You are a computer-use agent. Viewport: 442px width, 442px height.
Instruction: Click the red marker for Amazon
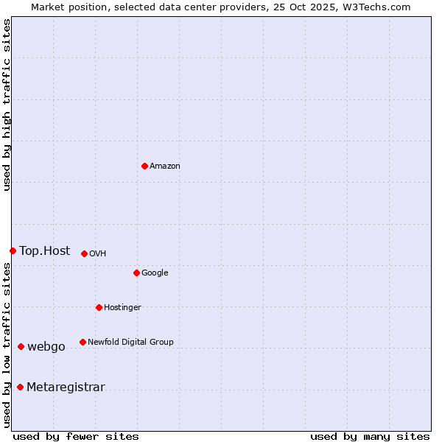(144, 166)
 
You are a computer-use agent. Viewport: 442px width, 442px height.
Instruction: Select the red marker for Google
(136, 273)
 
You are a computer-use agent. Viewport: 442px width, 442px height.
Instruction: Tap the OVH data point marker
(84, 253)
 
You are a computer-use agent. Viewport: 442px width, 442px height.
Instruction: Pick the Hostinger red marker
(99, 307)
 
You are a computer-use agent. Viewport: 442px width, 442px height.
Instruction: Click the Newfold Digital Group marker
(83, 342)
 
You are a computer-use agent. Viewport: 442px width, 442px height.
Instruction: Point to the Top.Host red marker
(13, 250)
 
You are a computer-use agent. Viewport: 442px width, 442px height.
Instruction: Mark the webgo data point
(21, 346)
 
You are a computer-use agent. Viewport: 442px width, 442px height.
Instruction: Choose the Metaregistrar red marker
(20, 387)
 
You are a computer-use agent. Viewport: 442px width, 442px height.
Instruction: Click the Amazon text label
(165, 166)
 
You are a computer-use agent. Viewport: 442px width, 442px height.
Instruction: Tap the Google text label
(155, 273)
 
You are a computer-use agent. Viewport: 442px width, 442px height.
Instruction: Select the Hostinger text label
(122, 308)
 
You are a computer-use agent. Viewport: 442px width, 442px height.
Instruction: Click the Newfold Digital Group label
(130, 343)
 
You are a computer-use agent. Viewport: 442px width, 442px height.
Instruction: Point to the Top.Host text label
(44, 251)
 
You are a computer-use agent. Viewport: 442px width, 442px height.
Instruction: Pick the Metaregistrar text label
(66, 387)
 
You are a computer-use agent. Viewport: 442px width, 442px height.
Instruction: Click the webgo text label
(46, 347)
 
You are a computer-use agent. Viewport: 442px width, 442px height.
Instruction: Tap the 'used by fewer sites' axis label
(76, 436)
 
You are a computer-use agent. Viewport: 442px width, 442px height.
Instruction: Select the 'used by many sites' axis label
(370, 436)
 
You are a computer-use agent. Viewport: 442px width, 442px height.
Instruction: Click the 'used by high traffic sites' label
(7, 105)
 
